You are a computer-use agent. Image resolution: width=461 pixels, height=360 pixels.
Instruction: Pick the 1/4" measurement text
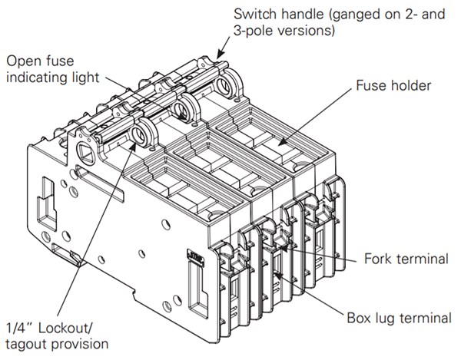(17, 325)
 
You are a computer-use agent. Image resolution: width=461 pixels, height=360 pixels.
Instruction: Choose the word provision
(81, 343)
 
